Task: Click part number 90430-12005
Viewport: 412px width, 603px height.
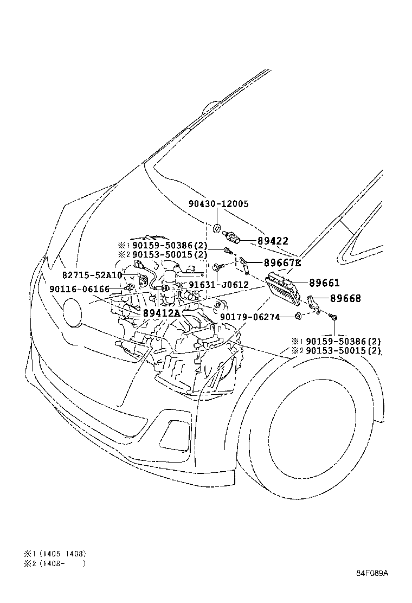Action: (x=218, y=204)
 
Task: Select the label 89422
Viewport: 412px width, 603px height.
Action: (x=273, y=241)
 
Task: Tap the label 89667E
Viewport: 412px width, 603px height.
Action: (x=282, y=263)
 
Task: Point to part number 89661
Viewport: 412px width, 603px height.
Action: (x=324, y=283)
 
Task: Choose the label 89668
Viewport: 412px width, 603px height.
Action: (x=345, y=298)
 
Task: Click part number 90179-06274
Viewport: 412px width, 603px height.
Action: (x=250, y=317)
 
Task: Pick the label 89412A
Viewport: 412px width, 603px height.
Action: (x=161, y=313)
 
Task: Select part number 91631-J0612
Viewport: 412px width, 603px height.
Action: (x=218, y=285)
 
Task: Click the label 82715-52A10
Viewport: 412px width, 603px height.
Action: (x=92, y=275)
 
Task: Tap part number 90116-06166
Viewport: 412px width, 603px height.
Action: (x=79, y=290)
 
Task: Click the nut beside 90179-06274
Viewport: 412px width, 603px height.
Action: (x=298, y=316)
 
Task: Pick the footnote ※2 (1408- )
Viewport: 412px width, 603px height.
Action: (x=54, y=563)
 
